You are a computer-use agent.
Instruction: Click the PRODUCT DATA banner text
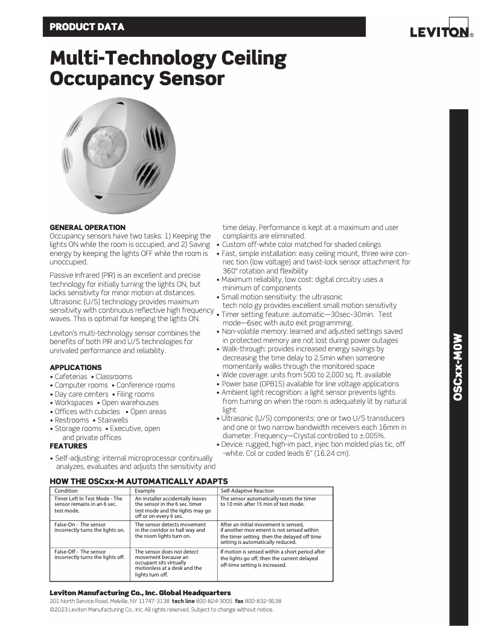tap(87, 27)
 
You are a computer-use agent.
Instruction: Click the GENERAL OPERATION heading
tap(88, 228)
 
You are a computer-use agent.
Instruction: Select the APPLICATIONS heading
tap(75, 368)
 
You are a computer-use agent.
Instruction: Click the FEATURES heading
tap(68, 446)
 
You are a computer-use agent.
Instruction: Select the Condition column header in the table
tap(66, 491)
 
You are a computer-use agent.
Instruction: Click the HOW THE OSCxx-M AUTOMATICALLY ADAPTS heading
tap(138, 481)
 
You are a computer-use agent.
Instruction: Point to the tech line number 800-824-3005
tap(214, 601)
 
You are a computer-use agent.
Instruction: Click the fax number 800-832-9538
tap(263, 601)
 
